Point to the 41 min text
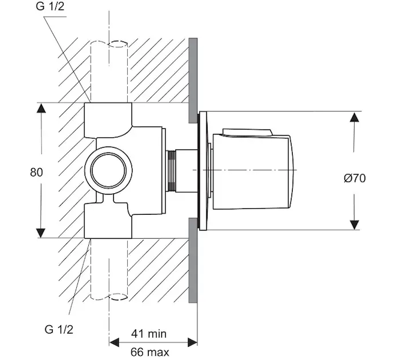tap(150, 333)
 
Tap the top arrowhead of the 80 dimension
tap(41, 109)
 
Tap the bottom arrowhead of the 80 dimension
tap(41, 233)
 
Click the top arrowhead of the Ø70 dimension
tap(355, 117)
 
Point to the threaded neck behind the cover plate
tap(173, 171)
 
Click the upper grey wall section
tap(193, 78)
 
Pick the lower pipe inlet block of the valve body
tap(108, 221)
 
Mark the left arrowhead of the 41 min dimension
tap(113, 343)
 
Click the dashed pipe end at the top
tap(109, 44)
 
